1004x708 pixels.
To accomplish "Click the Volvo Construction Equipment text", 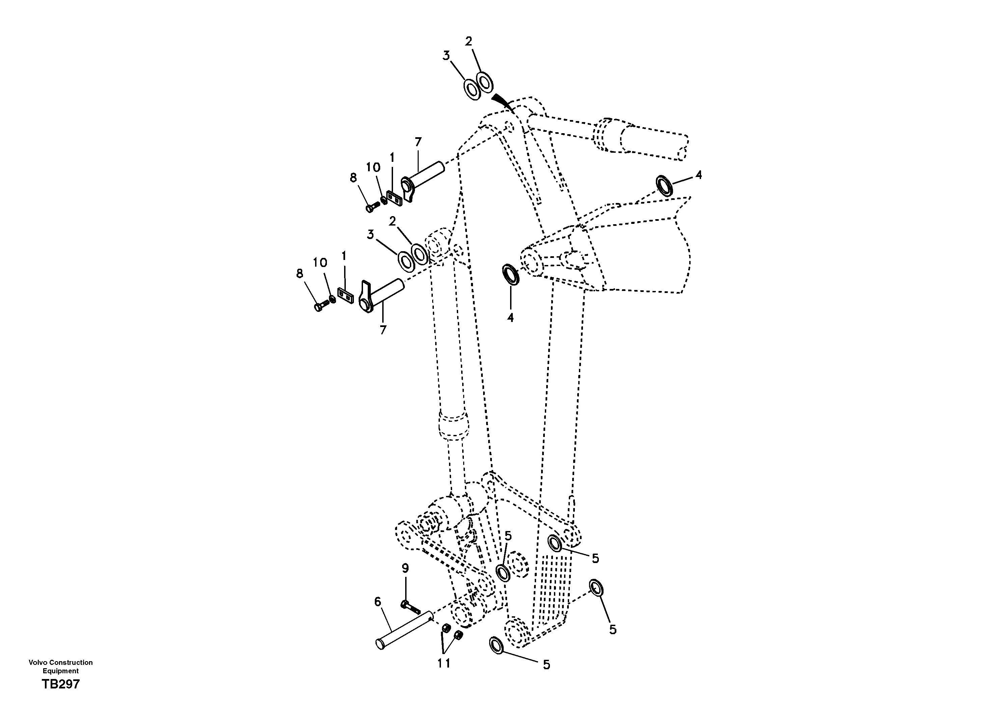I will pos(61,667).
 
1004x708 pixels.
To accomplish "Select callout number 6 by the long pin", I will pos(378,602).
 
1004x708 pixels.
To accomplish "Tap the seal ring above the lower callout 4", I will pos(510,274).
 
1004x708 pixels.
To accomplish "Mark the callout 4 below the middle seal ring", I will pos(510,318).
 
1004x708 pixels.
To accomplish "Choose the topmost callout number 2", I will pos(468,41).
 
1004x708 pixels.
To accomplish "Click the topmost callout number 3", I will pos(446,56).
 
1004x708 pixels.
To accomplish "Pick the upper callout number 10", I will pos(373,167).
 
